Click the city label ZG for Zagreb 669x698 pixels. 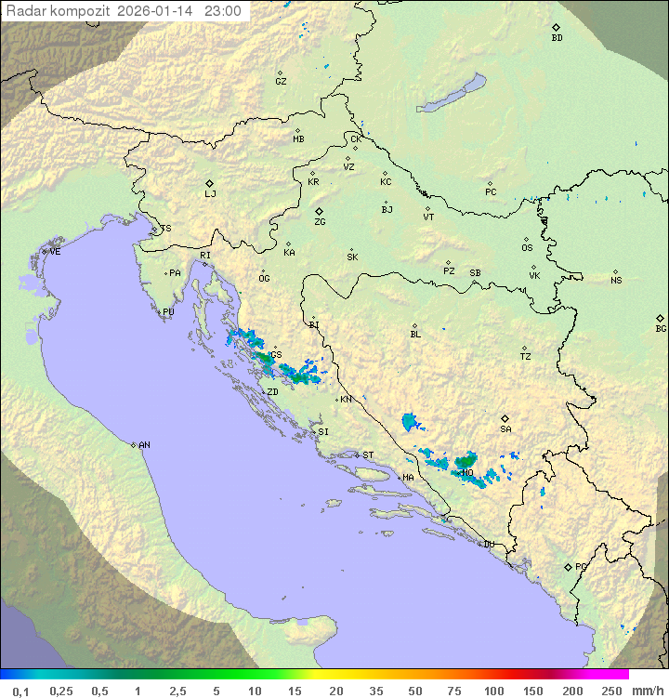[x=320, y=223]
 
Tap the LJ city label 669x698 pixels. [x=210, y=194]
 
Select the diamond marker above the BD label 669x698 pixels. [x=556, y=27]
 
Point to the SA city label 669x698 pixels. [x=505, y=429]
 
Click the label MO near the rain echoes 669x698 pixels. [x=467, y=473]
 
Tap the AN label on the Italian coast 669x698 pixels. [x=144, y=445]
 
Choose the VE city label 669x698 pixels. [x=55, y=252]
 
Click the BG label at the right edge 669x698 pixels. [x=661, y=329]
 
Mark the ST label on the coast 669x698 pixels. [x=368, y=455]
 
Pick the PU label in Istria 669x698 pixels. [x=168, y=312]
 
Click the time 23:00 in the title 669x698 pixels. [x=222, y=12]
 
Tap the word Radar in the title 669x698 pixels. [x=25, y=12]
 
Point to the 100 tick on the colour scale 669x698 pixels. [x=494, y=691]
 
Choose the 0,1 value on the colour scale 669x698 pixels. [x=20, y=691]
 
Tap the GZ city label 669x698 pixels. [x=281, y=82]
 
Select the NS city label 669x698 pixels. [x=616, y=281]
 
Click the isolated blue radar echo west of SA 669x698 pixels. [x=410, y=423]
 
